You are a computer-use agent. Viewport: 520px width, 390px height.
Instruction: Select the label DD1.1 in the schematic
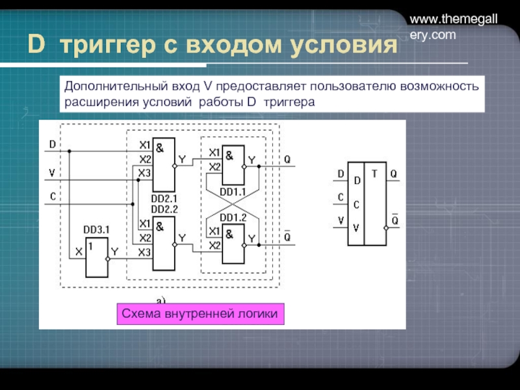232,192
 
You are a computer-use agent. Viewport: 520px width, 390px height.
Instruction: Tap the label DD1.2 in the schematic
232,217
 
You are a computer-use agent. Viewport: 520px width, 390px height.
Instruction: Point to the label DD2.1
164,198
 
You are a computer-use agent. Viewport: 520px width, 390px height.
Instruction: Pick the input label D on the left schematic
53,144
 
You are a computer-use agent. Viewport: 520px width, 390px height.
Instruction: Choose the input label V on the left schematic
53,173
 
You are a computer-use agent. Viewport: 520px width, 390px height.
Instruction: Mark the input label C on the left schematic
53,196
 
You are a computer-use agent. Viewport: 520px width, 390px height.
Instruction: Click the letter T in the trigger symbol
375,174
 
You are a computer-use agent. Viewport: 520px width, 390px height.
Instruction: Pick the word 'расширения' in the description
94,103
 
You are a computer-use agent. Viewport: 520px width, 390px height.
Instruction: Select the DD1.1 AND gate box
232,166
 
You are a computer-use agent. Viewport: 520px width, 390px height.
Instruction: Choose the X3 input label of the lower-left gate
145,253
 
